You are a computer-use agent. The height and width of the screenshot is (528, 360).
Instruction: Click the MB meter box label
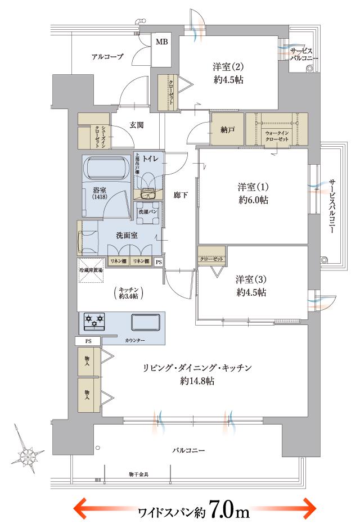pyautogui.click(x=161, y=42)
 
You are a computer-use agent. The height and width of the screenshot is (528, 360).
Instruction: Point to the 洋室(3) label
pyautogui.click(x=251, y=279)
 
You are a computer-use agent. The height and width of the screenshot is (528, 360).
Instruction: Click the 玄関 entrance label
pyautogui.click(x=137, y=125)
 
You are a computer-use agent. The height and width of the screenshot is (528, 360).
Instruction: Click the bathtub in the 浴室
pyautogui.click(x=106, y=168)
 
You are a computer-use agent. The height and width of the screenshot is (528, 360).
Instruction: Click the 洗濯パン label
pyautogui.click(x=148, y=211)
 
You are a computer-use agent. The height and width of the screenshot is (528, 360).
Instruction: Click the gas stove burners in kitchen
pyautogui.click(x=94, y=322)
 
